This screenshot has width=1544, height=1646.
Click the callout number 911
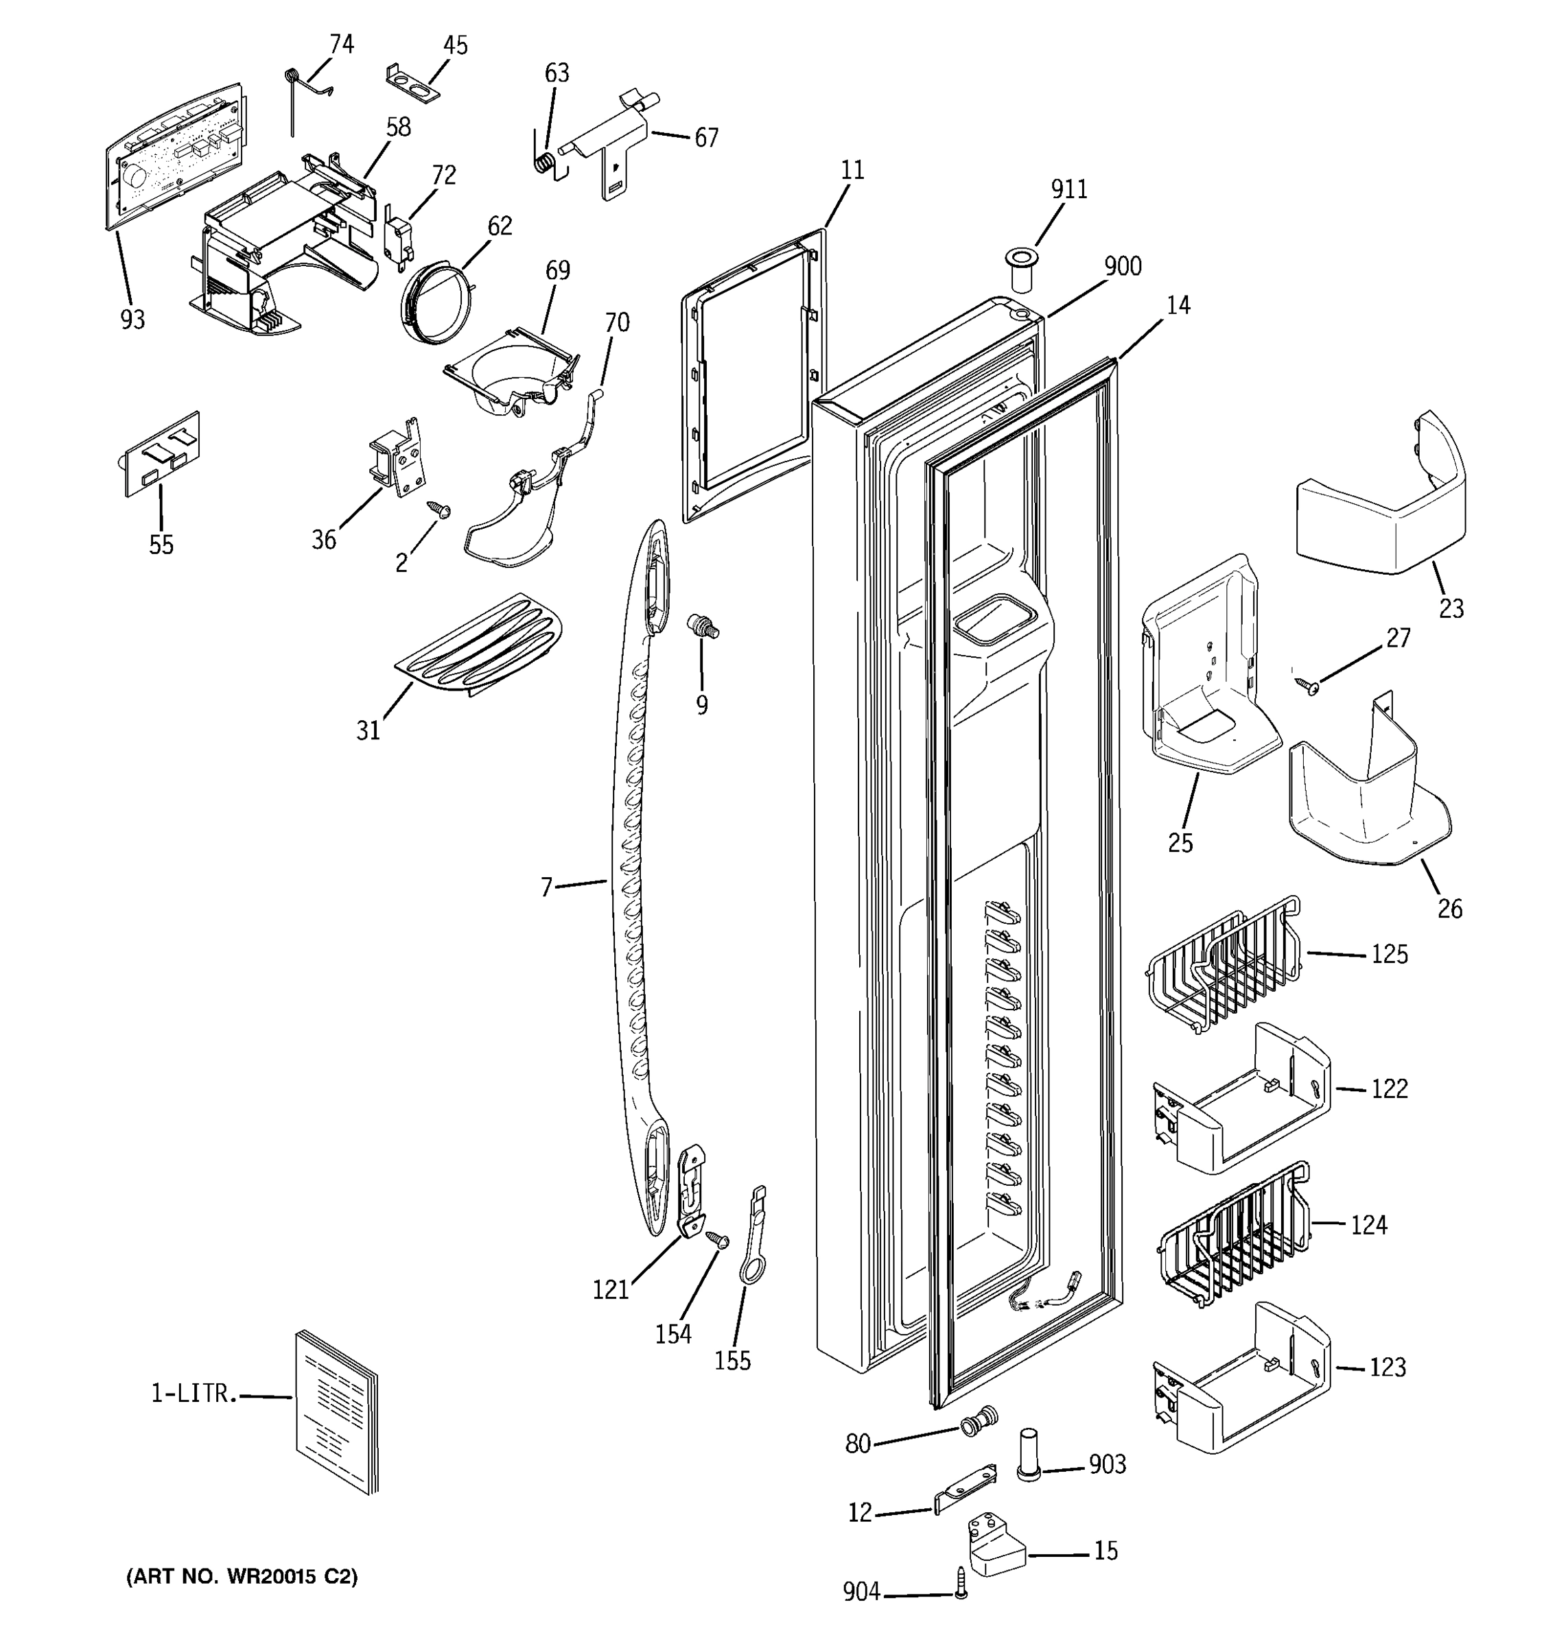[x=1068, y=189]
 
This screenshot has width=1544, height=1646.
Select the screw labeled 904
[x=961, y=1582]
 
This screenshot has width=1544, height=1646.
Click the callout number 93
[x=132, y=320]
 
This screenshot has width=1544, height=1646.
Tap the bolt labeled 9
[x=703, y=627]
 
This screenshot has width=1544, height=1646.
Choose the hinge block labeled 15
[x=996, y=1545]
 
